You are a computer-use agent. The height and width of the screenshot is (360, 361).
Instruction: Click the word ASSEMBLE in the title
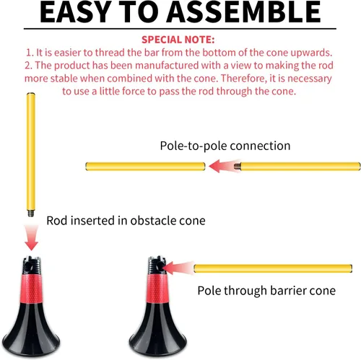243,12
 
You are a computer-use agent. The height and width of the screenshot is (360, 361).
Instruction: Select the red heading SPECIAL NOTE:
178,40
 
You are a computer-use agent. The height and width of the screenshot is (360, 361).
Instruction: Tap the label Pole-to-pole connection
225,146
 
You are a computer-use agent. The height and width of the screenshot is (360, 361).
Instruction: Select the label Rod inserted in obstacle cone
126,221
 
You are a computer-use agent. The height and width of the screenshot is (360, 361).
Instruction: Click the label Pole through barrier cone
266,291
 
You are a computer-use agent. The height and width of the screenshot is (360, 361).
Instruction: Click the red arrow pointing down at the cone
31,238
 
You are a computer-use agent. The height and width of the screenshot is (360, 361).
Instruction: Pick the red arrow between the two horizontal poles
225,166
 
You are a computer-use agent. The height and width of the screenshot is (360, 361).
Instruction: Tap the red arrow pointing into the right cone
179,268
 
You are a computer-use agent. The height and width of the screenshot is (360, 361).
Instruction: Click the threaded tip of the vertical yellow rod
31,214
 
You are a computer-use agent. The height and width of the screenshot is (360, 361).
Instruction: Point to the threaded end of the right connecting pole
238,167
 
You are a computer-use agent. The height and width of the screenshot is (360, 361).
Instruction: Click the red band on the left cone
31,289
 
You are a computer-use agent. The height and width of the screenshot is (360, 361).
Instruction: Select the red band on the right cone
157,289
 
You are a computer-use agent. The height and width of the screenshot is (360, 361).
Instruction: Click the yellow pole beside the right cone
273,268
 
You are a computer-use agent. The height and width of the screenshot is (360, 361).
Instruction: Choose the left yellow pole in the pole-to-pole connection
146,167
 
